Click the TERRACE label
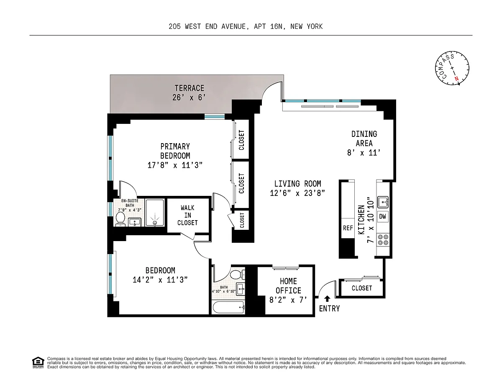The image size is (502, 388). (x=189, y=88)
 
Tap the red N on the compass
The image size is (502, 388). (x=456, y=79)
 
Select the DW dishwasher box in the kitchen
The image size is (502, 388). (x=382, y=216)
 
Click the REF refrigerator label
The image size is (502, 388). (x=348, y=228)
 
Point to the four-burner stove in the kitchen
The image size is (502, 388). (x=383, y=240)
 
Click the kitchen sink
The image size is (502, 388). (x=383, y=202)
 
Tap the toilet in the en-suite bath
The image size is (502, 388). (x=120, y=219)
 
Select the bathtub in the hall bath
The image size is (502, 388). (x=228, y=307)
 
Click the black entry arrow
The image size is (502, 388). (x=327, y=299)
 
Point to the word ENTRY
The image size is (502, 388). (x=329, y=308)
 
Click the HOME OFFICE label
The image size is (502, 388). (x=288, y=286)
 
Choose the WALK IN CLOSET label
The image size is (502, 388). (x=187, y=215)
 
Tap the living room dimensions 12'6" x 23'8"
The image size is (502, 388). (x=297, y=193)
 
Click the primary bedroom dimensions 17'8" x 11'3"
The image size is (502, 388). (x=175, y=165)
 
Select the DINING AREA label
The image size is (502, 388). (x=364, y=139)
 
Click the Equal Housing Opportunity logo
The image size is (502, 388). (x=38, y=363)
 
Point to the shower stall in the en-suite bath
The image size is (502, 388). (x=155, y=213)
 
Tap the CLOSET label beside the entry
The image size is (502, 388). (x=362, y=288)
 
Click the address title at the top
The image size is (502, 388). (x=246, y=26)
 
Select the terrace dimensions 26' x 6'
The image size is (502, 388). (x=189, y=98)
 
